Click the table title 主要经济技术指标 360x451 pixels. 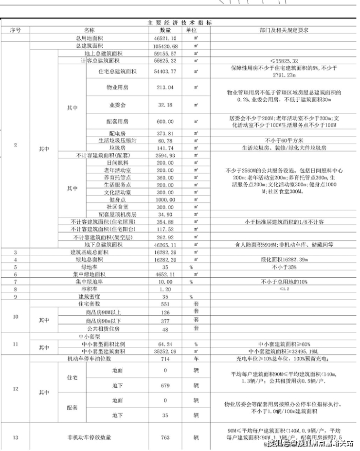click(180, 23)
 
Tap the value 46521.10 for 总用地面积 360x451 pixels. click(165, 37)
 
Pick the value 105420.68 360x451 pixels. click(165, 45)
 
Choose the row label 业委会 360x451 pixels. click(117, 105)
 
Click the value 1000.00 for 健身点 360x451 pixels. click(165, 199)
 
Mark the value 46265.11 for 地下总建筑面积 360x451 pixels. click(165, 244)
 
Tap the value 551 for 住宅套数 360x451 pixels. click(165, 304)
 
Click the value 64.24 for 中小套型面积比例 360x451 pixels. click(165, 344)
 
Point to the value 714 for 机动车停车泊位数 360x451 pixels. click(165, 359)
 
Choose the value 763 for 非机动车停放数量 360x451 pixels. click(165, 437)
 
